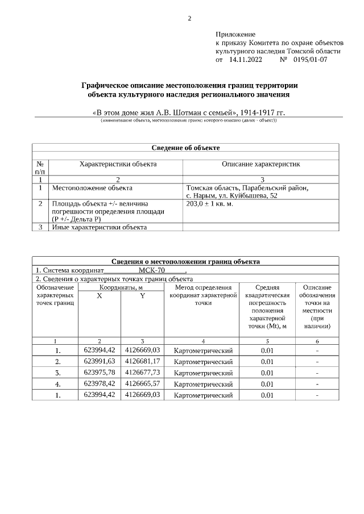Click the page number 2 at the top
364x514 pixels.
click(x=189, y=18)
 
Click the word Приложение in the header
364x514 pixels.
click(x=235, y=35)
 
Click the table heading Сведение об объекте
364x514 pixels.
click(x=185, y=148)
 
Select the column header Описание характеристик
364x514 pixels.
click(x=260, y=164)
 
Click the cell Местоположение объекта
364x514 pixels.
click(x=92, y=187)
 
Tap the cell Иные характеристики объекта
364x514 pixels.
click(x=100, y=227)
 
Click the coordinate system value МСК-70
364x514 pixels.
click(x=151, y=270)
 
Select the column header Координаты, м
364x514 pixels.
click(x=121, y=288)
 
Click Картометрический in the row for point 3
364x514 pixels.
click(x=203, y=373)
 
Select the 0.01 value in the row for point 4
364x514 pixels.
click(x=267, y=384)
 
